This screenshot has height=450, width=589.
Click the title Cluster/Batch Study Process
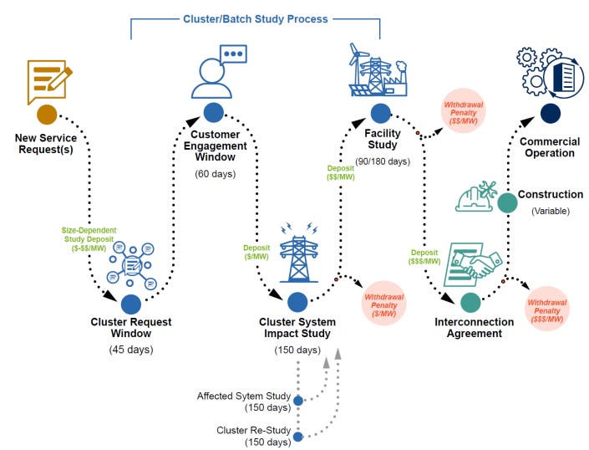coord(255,18)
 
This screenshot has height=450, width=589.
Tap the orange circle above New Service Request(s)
coord(47,114)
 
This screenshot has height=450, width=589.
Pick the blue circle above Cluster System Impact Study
coord(297,302)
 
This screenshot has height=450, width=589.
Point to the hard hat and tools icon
coord(477,197)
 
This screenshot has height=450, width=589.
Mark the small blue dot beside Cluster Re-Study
coord(298,435)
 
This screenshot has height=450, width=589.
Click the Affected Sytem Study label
coord(242,396)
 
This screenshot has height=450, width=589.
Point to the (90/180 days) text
coord(380,161)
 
